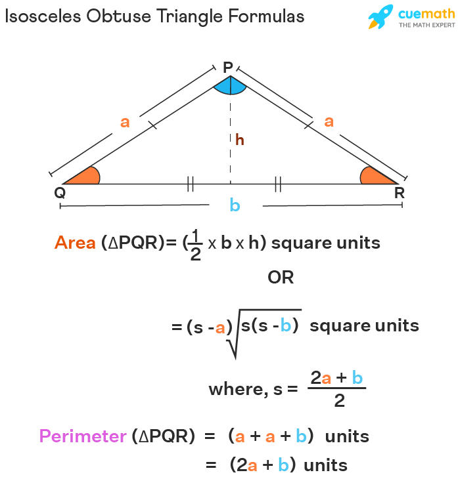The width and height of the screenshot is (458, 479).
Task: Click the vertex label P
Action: click(x=228, y=67)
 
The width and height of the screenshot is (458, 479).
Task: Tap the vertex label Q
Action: click(x=60, y=193)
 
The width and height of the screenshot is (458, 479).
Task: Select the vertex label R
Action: click(x=400, y=193)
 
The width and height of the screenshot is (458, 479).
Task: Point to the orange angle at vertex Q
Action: click(x=87, y=177)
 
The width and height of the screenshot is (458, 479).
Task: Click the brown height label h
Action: click(x=240, y=140)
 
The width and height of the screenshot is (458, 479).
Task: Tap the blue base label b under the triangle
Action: click(x=235, y=204)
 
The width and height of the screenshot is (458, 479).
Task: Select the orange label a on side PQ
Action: click(x=125, y=122)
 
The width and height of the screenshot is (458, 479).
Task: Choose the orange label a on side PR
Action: click(x=329, y=121)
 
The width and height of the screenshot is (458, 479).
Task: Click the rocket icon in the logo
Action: click(x=380, y=17)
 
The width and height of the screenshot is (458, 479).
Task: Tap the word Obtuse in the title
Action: click(x=118, y=16)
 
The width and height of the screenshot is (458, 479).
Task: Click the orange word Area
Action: click(x=75, y=243)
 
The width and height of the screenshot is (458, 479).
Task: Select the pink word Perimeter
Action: click(x=83, y=436)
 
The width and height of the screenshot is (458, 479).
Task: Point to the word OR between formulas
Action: click(x=281, y=278)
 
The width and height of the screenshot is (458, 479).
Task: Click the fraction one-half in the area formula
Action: click(x=196, y=245)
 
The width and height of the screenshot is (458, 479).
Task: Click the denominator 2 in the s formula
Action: click(x=339, y=400)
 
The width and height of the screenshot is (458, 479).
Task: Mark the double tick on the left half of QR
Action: click(x=191, y=184)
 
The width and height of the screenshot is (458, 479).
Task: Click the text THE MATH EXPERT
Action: click(x=427, y=25)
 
